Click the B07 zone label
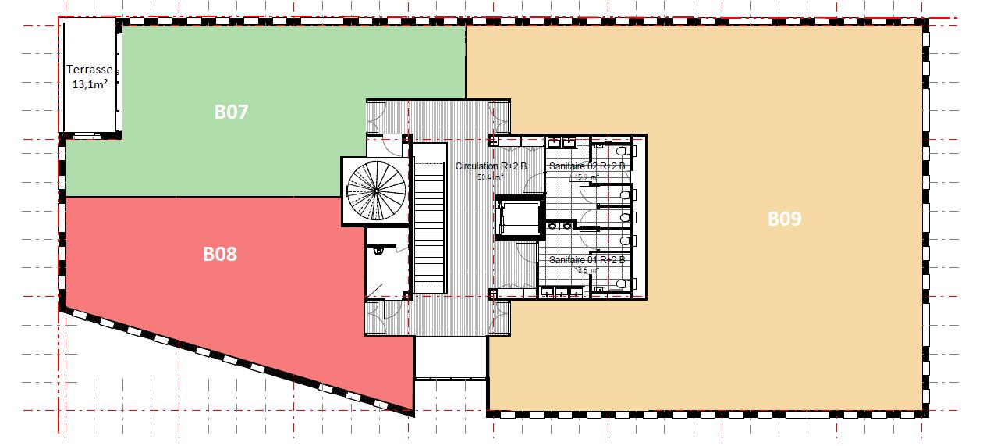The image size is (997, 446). pyautogui.click(x=231, y=112)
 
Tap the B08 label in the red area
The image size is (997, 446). pyautogui.click(x=220, y=254)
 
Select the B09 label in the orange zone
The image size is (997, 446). pyautogui.click(x=784, y=219)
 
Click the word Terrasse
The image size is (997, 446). pyautogui.click(x=90, y=70)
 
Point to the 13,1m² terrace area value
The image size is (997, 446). pyautogui.click(x=90, y=84)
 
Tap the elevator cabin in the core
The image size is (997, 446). pyautogui.click(x=519, y=219)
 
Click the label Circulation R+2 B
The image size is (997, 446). pyautogui.click(x=491, y=166)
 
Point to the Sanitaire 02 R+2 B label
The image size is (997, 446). pyautogui.click(x=587, y=166)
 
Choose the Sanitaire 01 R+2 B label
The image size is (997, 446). pyautogui.click(x=587, y=259)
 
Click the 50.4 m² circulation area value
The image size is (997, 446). pyautogui.click(x=491, y=177)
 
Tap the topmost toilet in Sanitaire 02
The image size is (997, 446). pyautogui.click(x=622, y=150)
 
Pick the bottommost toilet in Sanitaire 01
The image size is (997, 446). pyautogui.click(x=622, y=284)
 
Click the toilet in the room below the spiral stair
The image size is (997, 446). pyautogui.click(x=378, y=251)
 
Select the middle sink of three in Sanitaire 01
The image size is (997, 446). pyautogui.click(x=562, y=293)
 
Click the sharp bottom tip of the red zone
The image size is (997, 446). pyautogui.click(x=411, y=409)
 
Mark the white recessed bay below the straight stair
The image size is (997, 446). pyautogui.click(x=450, y=357)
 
